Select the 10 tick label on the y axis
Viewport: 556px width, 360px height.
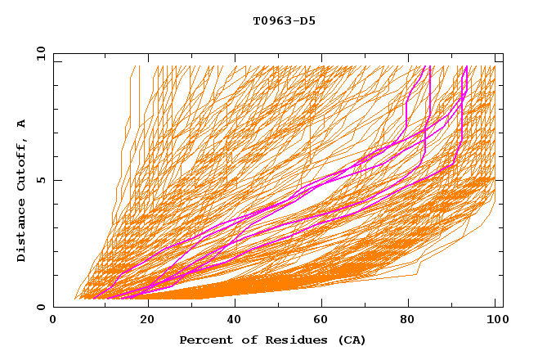point(39,54)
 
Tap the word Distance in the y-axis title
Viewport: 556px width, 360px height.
point(22,232)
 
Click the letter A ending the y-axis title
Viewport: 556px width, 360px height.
point(22,124)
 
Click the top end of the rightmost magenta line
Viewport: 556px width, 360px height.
point(466,67)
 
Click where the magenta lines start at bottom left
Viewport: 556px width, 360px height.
point(93,298)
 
